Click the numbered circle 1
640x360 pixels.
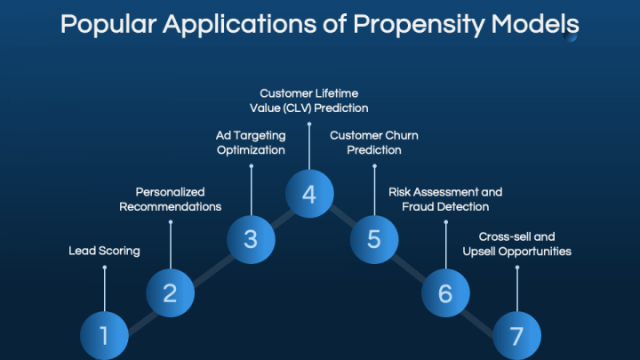pyautogui.click(x=105, y=335)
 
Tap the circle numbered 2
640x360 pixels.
pyautogui.click(x=170, y=293)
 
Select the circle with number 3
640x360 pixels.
pyautogui.click(x=251, y=239)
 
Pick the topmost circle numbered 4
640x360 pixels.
pyautogui.click(x=309, y=194)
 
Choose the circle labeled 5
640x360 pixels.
pyautogui.click(x=374, y=239)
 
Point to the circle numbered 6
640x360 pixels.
pyautogui.click(x=445, y=293)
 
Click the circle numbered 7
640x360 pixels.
pyautogui.click(x=517, y=335)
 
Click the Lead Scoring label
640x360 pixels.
pyautogui.click(x=104, y=251)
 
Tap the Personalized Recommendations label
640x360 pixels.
pyautogui.click(x=170, y=199)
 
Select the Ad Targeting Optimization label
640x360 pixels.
pyautogui.click(x=251, y=143)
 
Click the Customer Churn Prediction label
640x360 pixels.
pyautogui.click(x=374, y=143)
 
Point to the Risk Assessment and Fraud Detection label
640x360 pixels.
pyautogui.click(x=445, y=199)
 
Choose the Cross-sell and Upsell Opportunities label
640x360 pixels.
pyautogui.click(x=517, y=244)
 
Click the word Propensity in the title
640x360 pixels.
pyautogui.click(x=419, y=25)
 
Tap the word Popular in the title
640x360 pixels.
pyautogui.click(x=108, y=25)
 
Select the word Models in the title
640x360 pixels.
pyautogui.click(x=535, y=24)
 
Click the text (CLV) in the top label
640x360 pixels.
pyautogui.click(x=300, y=108)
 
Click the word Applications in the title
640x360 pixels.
pyautogui.click(x=240, y=25)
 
